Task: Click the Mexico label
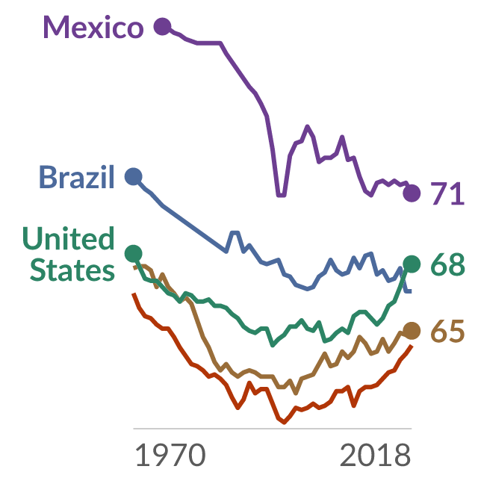(93, 27)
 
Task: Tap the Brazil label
(76, 177)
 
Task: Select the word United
(69, 238)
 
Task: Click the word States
(72, 270)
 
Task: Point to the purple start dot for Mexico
(163, 26)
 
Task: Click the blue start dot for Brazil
(134, 176)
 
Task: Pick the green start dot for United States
(134, 253)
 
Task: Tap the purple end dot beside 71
(412, 193)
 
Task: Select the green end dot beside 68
(412, 264)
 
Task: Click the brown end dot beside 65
(412, 331)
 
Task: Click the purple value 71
(447, 193)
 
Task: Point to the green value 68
(448, 264)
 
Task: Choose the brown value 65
(448, 332)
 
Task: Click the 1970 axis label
(170, 455)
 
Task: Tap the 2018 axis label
(375, 455)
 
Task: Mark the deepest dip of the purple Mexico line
(281, 196)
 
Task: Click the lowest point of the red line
(284, 423)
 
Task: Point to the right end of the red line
(412, 346)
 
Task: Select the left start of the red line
(133, 294)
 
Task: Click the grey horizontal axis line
(272, 429)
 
